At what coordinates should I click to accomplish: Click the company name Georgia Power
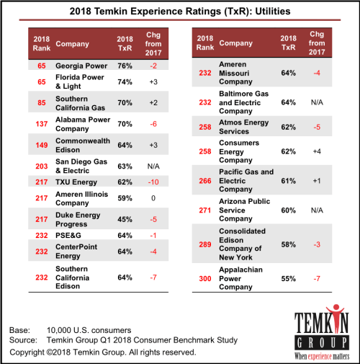(81, 66)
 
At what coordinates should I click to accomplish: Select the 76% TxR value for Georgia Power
(125, 66)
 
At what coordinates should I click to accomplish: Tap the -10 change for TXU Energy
(153, 182)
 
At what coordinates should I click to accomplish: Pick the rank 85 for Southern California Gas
(42, 103)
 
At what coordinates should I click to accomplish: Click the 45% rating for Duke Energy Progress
(125, 219)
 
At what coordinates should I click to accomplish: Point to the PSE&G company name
(68, 236)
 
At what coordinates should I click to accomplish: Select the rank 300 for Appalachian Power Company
(205, 279)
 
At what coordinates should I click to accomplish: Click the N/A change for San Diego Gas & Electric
(153, 167)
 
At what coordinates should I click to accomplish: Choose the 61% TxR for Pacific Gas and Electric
(288, 181)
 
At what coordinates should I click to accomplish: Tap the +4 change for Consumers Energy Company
(317, 151)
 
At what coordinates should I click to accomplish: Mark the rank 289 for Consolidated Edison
(205, 244)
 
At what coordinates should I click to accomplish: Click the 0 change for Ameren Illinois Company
(153, 198)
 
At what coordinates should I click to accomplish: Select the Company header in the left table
(72, 44)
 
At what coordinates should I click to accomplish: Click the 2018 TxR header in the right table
(288, 43)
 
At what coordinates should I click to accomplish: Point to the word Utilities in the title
(273, 12)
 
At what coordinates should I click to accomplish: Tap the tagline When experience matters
(322, 356)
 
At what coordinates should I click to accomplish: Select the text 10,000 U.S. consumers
(89, 330)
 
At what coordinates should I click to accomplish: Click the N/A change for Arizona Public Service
(317, 210)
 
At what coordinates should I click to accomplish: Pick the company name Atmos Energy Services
(244, 127)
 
